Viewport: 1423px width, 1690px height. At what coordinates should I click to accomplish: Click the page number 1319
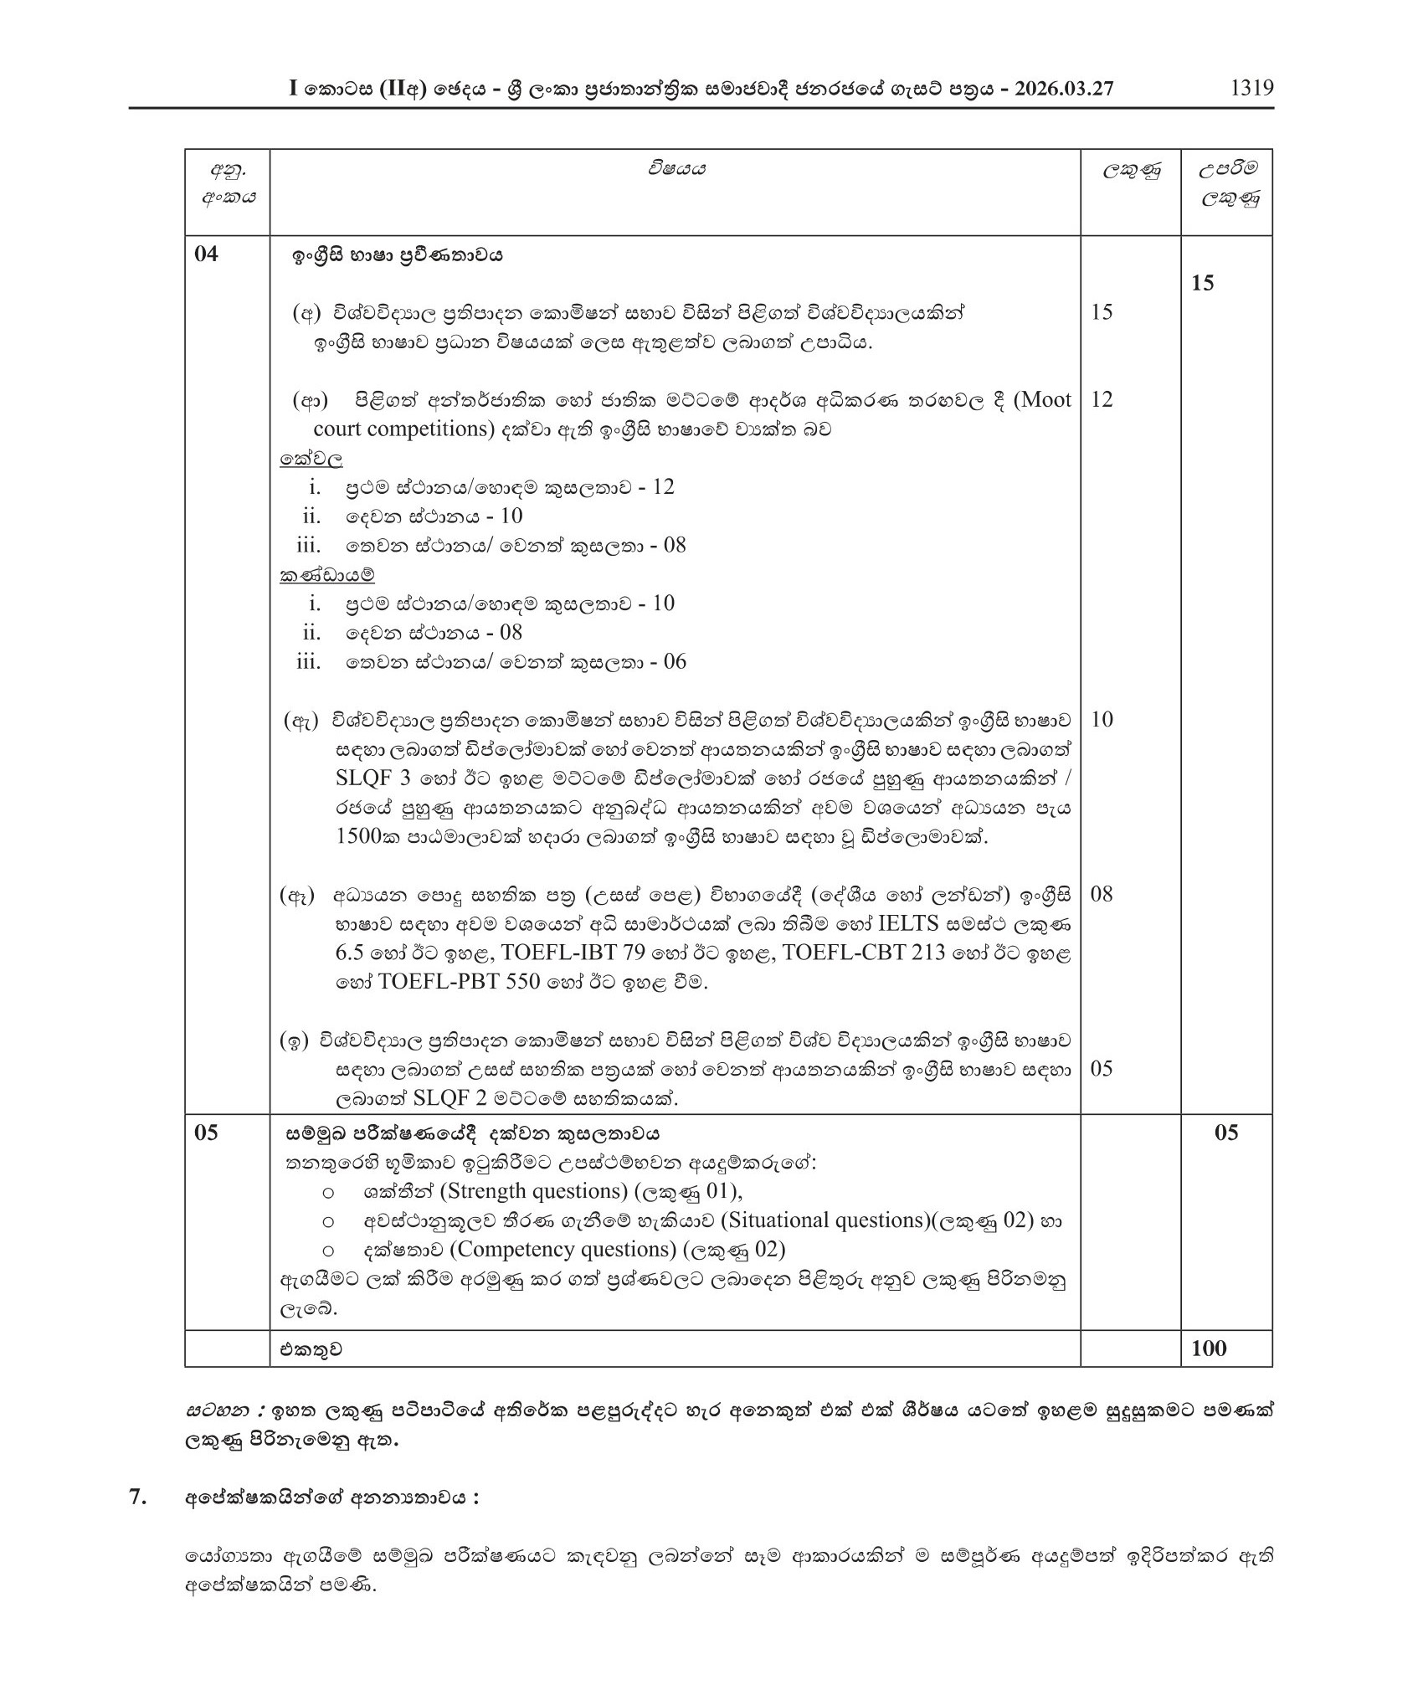1251,89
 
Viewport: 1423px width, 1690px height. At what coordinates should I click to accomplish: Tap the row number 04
206,254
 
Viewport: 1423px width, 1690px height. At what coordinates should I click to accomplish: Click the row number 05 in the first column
206,1133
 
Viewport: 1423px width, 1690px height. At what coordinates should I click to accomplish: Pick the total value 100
1208,1348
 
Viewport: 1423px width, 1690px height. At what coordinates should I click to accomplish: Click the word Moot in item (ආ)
1042,400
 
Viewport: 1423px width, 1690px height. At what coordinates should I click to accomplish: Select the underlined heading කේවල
311,459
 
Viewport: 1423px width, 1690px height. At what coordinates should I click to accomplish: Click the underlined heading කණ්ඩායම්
327,575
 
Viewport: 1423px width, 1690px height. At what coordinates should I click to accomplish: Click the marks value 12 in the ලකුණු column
1102,400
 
